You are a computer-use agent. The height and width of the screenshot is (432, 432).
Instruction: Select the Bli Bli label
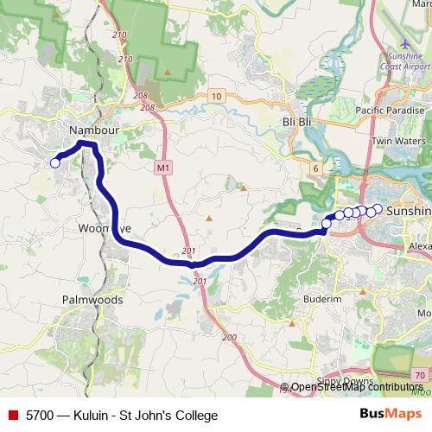click(296, 123)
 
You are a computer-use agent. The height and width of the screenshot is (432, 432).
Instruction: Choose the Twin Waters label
click(398, 141)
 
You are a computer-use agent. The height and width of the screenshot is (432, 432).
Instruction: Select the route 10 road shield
click(216, 95)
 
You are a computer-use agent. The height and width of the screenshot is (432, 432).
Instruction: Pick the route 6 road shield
click(316, 168)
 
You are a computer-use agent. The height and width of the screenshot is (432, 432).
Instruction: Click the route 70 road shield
click(419, 375)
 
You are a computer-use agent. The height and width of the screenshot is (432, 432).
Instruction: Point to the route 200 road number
click(230, 337)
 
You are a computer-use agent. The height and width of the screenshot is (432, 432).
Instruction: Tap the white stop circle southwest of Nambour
click(55, 162)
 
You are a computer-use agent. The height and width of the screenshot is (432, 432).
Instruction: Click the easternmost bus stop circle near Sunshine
click(378, 208)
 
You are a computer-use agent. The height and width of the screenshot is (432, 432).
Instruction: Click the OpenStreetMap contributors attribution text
click(357, 387)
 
